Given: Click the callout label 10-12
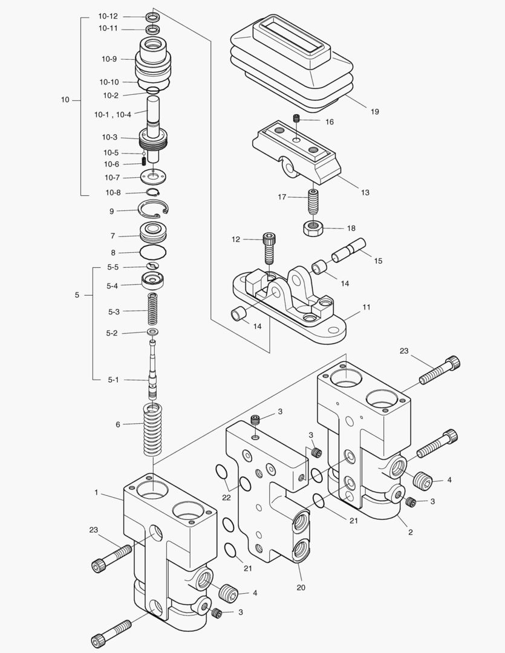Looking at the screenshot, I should coord(109,16).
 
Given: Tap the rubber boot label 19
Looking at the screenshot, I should coord(374,112).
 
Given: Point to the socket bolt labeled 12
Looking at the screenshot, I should coord(270,248).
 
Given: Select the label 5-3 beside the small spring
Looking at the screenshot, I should coord(113,312).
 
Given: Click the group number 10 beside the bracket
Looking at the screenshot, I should coord(65,100).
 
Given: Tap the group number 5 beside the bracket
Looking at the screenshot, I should coord(77,295).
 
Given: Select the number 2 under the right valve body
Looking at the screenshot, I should coord(411,532).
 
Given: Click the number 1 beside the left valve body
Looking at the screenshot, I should coord(96,493).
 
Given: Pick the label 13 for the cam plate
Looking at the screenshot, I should coord(365,193).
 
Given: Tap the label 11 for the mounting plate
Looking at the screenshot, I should coord(366,307).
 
